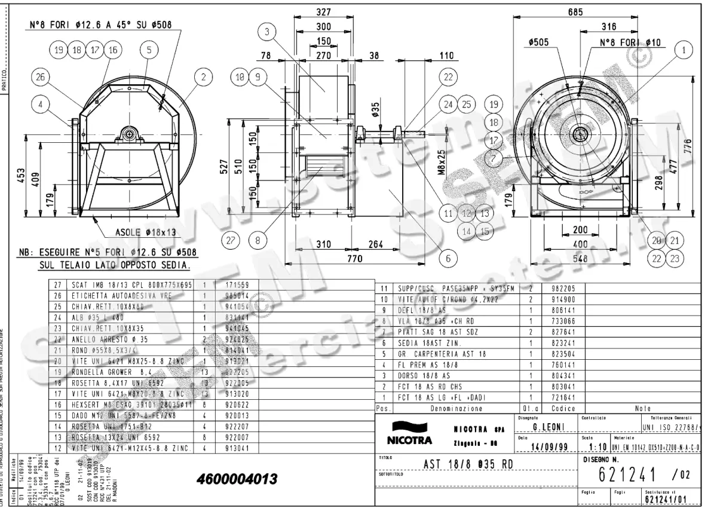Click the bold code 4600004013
(x=237, y=480)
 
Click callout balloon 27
(x=230, y=241)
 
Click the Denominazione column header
(x=456, y=409)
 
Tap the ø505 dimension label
(x=539, y=42)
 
